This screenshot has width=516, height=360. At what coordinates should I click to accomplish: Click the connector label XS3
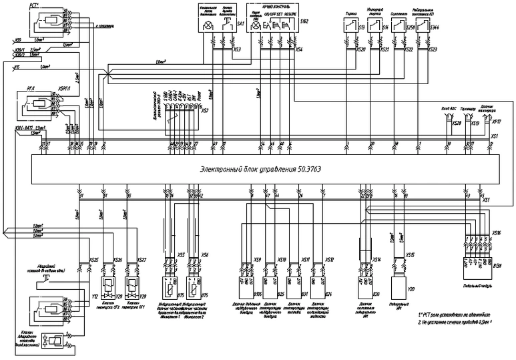pos(238,49)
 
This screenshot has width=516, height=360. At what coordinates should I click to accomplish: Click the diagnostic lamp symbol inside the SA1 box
pos(208,26)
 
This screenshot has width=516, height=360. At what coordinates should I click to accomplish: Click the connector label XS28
pos(456,123)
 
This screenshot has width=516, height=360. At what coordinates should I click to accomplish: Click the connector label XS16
pos(496,234)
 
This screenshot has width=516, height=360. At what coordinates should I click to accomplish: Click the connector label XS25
pos(94,259)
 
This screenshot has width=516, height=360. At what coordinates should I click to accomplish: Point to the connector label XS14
pos(376,258)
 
